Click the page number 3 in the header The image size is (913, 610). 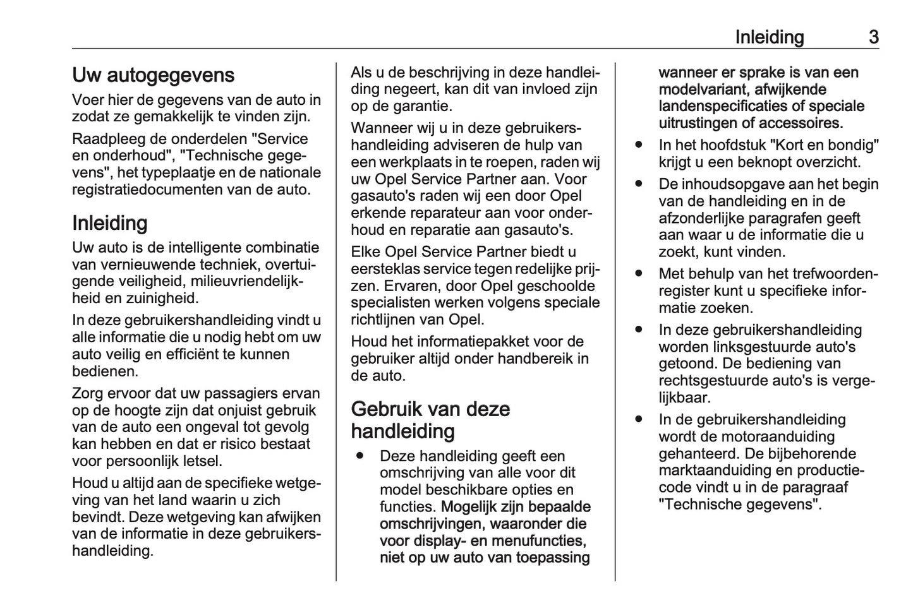(x=873, y=37)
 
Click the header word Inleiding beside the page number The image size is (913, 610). (x=769, y=37)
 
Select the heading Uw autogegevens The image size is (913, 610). (x=153, y=75)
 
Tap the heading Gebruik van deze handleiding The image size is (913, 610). (x=430, y=420)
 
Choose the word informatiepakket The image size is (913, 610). (x=473, y=342)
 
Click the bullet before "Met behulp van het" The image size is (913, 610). (x=639, y=274)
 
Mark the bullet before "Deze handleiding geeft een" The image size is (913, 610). (x=360, y=456)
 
